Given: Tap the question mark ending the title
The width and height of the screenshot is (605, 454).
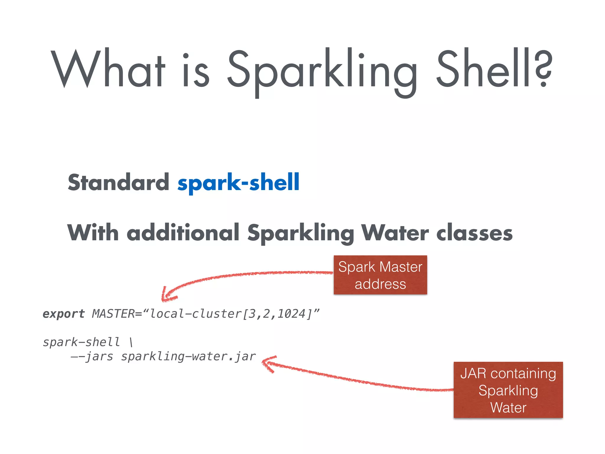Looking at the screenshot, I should point(543,69).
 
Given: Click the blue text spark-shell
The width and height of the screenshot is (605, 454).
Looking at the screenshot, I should point(238,183).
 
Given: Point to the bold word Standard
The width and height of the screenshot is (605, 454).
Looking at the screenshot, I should point(118,182).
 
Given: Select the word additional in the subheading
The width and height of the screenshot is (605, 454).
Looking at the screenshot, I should point(183,233).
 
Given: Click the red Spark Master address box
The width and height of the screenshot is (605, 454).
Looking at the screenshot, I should point(380,275).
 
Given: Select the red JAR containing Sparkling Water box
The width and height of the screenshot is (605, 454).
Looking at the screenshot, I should point(508,390).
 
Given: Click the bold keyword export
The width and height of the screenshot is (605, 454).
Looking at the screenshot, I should point(64,314).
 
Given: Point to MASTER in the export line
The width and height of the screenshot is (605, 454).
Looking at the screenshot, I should point(113,314).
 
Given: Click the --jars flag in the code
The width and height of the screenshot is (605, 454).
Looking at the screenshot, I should point(92,357).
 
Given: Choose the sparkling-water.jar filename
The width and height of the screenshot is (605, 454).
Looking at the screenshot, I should point(188,357).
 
